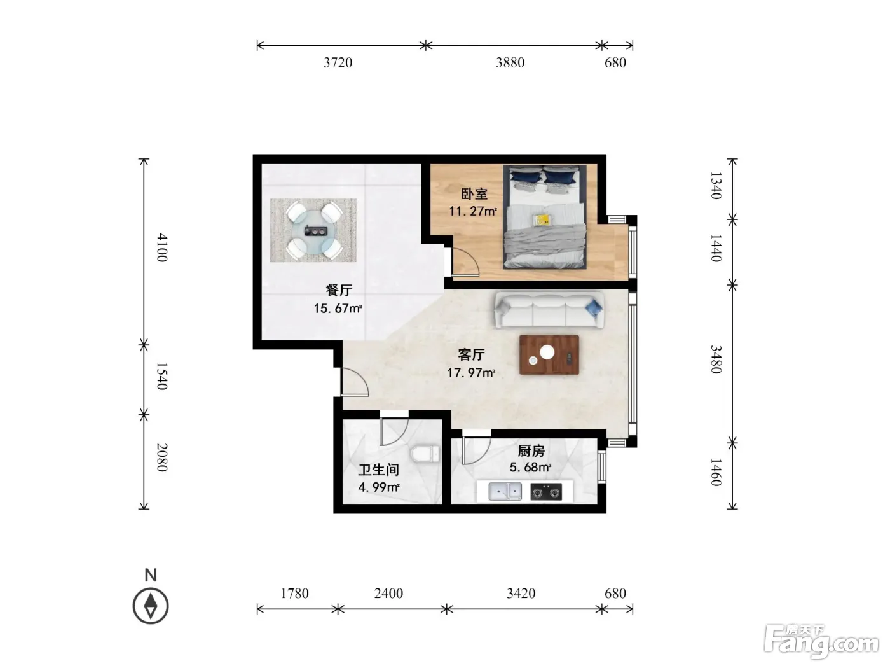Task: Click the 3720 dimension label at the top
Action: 338,62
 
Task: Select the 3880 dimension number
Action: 510,62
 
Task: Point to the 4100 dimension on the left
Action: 162,247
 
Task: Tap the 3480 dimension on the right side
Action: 716,359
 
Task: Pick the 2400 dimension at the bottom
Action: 388,594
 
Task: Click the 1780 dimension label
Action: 294,594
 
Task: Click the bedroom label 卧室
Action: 474,194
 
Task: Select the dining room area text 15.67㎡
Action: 338,309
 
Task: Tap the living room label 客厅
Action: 471,354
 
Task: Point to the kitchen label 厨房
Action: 531,450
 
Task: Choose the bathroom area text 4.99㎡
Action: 379,487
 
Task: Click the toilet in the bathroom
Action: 425,454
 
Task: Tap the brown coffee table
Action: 549,355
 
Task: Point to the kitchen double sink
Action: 505,491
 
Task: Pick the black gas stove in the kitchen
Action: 546,492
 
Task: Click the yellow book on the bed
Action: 542,220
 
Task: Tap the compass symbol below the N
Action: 151,606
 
